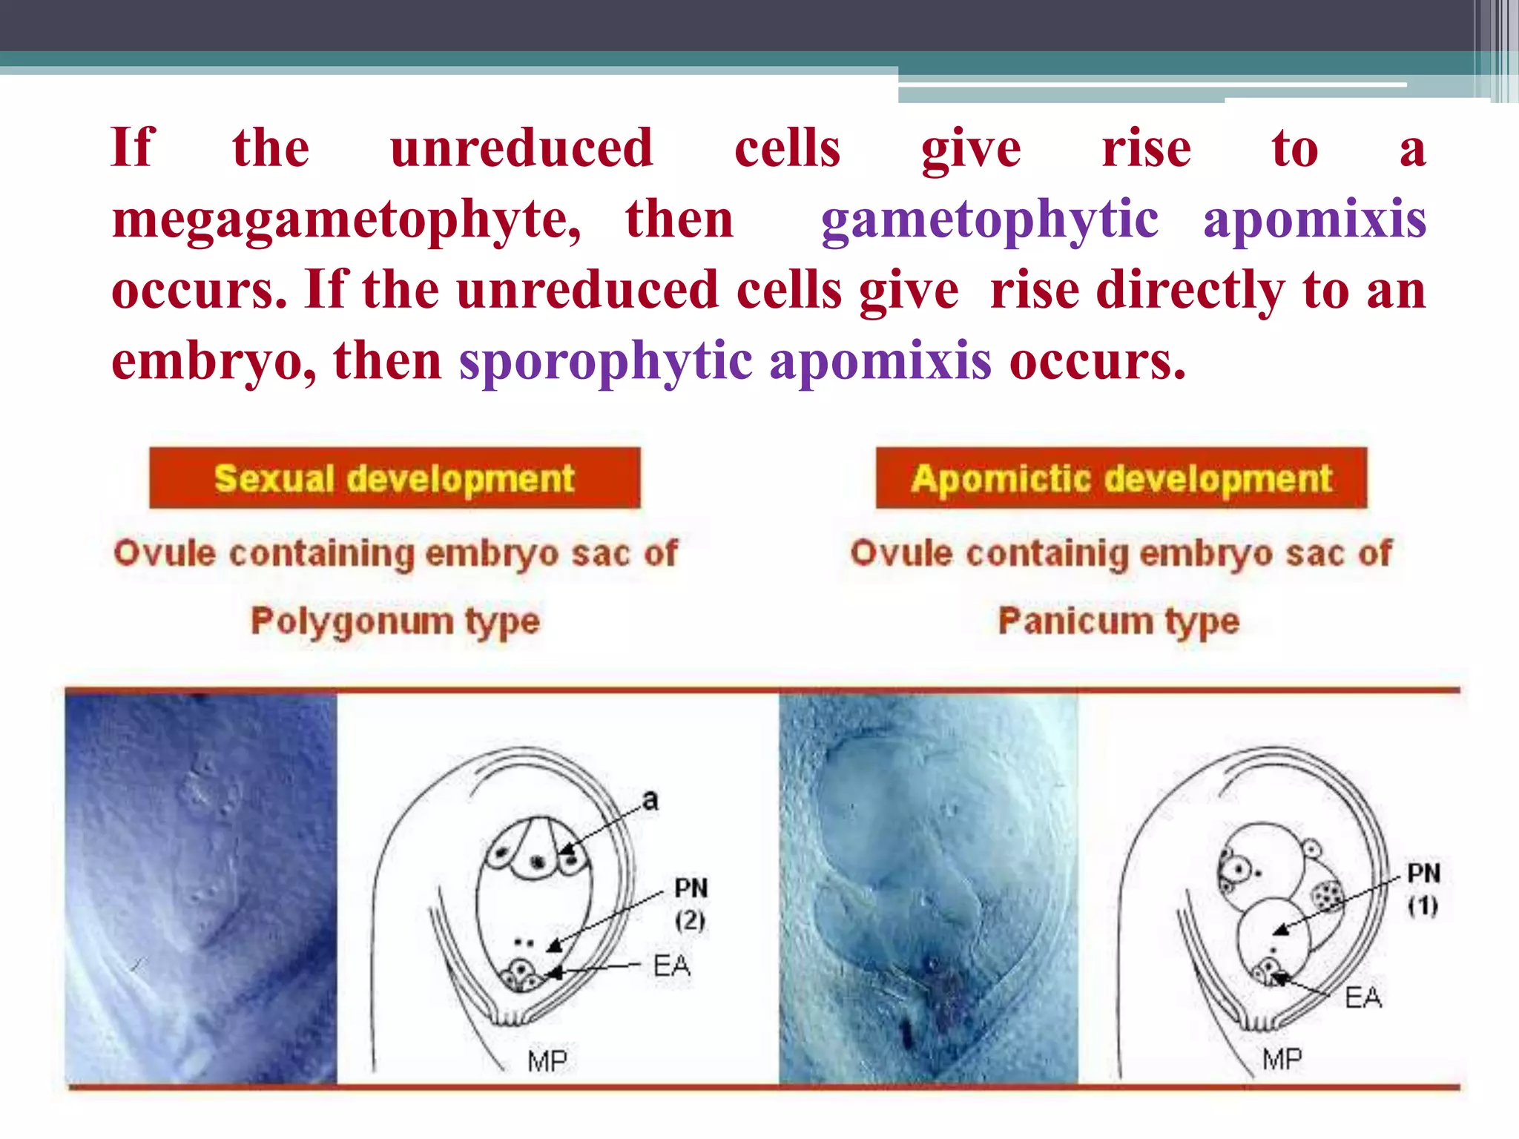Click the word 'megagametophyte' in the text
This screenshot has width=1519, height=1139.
tap(346, 220)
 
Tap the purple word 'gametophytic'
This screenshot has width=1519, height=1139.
tap(989, 220)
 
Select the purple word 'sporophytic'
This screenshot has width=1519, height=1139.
tap(605, 362)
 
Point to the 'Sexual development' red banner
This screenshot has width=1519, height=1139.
tap(395, 478)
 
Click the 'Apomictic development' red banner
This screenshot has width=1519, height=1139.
tap(1121, 478)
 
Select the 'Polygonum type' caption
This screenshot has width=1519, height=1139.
tap(395, 621)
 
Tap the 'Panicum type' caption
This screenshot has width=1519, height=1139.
tap(1118, 621)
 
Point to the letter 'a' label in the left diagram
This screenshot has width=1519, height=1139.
tap(650, 800)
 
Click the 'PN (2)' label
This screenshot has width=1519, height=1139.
tap(691, 903)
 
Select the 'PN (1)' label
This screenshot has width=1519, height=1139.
tap(1423, 888)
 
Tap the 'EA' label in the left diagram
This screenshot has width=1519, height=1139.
tap(672, 965)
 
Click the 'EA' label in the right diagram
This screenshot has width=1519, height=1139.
tap(1363, 998)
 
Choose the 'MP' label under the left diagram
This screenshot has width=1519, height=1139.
tap(547, 1061)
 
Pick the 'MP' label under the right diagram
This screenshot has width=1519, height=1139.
tap(1282, 1059)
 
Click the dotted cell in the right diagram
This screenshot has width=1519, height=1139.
tap(1328, 895)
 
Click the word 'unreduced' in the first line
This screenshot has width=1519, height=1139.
tap(521, 148)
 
